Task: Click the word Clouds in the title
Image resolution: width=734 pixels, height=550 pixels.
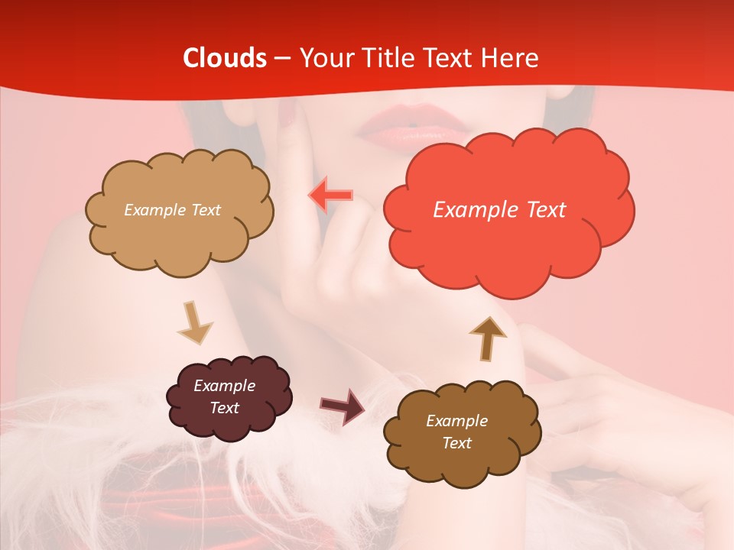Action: [x=225, y=58]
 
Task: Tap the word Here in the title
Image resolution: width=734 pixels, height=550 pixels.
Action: [x=509, y=58]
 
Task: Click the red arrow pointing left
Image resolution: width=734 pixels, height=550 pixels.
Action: [x=331, y=196]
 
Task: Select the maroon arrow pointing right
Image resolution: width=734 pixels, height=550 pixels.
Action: [x=342, y=406]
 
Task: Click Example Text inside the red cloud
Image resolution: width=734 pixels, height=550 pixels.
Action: [x=499, y=209]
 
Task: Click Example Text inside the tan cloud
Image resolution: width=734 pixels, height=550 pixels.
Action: [x=172, y=210]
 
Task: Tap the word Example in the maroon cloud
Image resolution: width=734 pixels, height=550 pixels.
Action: [x=224, y=386]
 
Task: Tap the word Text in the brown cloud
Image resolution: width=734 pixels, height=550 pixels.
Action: [x=456, y=443]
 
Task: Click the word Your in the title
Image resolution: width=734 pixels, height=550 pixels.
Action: [x=324, y=58]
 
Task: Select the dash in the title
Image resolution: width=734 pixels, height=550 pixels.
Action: [x=282, y=58]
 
